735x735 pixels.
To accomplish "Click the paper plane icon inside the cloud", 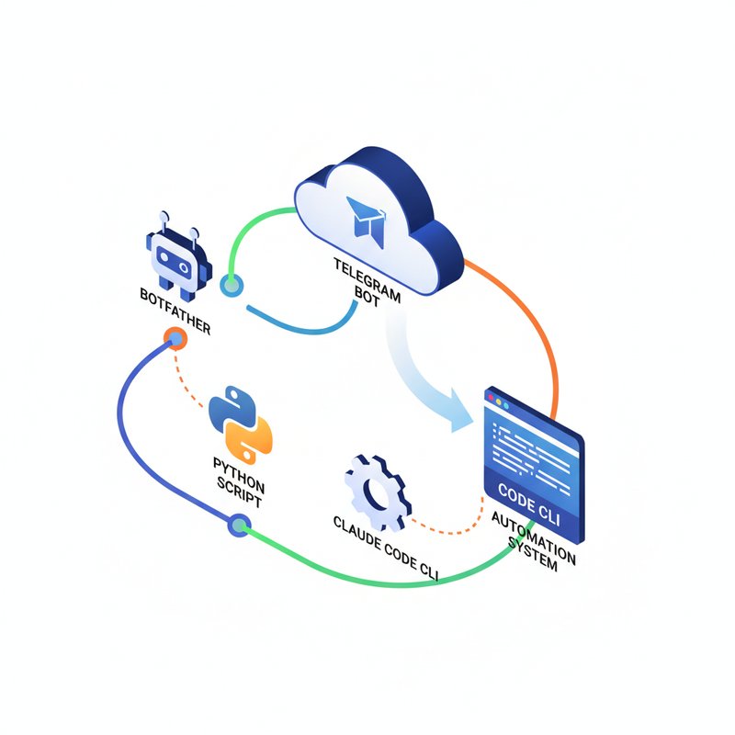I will [x=366, y=217].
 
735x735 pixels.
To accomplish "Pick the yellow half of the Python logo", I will [x=254, y=440].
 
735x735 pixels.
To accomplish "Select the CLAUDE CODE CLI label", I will [x=386, y=548].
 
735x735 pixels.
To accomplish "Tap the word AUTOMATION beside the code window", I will [x=534, y=537].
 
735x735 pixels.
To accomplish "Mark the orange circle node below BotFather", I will [x=175, y=340].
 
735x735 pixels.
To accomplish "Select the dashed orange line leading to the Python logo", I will [x=196, y=376].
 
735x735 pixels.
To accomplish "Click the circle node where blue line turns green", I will [x=239, y=526].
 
